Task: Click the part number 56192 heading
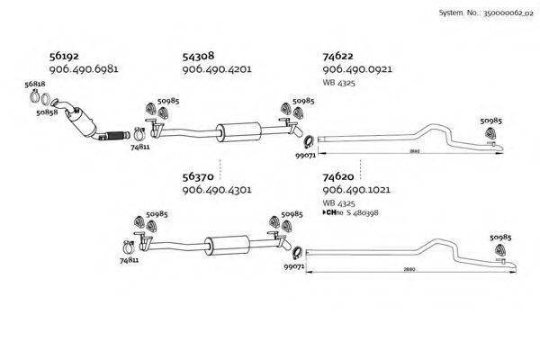66,56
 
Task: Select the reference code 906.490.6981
84,69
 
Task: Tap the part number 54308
200,56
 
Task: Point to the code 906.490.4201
216,69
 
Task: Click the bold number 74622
339,56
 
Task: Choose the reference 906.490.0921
356,69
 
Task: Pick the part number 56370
200,177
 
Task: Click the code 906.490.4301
216,191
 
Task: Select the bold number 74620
339,177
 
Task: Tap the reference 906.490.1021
356,191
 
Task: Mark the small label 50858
47,113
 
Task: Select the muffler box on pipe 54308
237,130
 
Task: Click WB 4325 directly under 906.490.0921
337,82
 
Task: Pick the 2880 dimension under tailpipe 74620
409,269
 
